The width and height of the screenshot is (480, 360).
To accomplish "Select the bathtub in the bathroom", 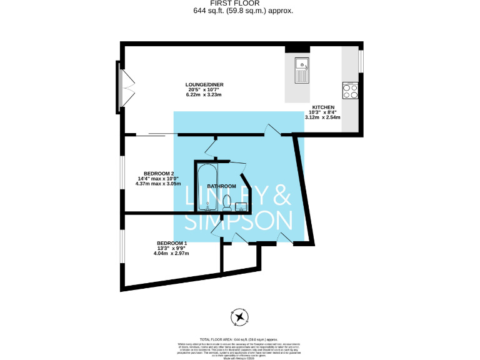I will click(x=206, y=186).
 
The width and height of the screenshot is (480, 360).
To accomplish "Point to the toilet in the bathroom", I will click(x=226, y=202).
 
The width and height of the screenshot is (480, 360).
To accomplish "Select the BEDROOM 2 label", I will click(x=159, y=173).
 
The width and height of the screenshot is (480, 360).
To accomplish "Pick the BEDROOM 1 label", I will click(x=171, y=242).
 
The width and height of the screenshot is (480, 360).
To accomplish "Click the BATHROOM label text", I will click(x=222, y=186).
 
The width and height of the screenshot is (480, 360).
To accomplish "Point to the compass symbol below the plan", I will click(x=239, y=317).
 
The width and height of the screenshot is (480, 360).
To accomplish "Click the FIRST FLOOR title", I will click(x=240, y=3).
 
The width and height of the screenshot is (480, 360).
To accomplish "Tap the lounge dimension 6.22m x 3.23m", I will click(x=204, y=94).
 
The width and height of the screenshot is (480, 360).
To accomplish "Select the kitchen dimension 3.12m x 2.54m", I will click(x=322, y=117).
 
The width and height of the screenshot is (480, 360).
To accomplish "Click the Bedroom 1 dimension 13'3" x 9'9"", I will click(x=171, y=248).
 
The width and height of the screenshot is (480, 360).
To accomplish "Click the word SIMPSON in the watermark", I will click(x=239, y=221).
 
